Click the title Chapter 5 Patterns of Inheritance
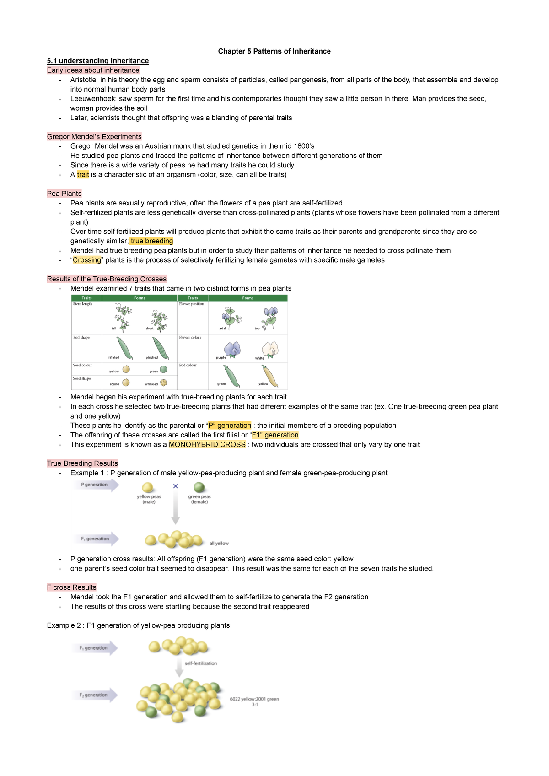coord(274,51)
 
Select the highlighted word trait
coord(83,174)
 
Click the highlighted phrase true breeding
coord(151,241)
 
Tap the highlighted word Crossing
coord(87,260)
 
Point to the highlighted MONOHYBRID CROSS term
coord(207,444)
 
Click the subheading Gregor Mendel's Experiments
coord(94,136)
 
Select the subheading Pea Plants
coord(64,194)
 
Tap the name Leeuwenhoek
coord(93,99)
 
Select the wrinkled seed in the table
coord(163,383)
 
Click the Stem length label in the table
coord(82,304)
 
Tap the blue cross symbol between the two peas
coord(175,486)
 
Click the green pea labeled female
coord(199,487)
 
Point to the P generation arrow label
coord(94,485)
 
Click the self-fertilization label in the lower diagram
coord(200,663)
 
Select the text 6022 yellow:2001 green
coord(254,699)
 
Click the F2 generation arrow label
coord(93,695)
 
